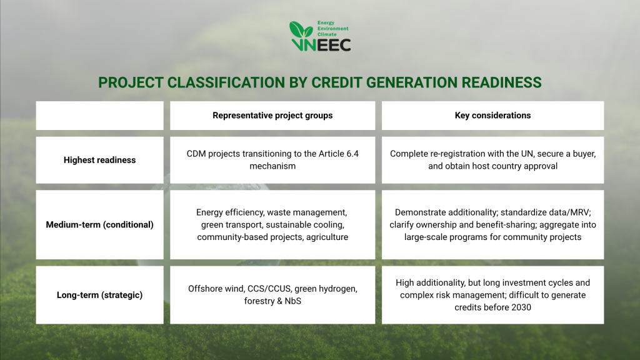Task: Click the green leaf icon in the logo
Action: point(301,30)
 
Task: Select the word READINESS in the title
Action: point(502,82)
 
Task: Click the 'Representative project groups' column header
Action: point(272,116)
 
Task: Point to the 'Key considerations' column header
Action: point(492,116)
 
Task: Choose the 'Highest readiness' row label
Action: point(99,160)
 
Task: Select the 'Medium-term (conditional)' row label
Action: point(99,224)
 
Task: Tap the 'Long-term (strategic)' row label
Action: point(99,295)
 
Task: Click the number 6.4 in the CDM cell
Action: point(352,154)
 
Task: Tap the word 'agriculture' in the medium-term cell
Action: point(327,237)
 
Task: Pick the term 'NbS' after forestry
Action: point(293,301)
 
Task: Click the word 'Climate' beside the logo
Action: point(327,35)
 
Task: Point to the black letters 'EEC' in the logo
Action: point(334,45)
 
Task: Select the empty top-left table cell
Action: point(99,116)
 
